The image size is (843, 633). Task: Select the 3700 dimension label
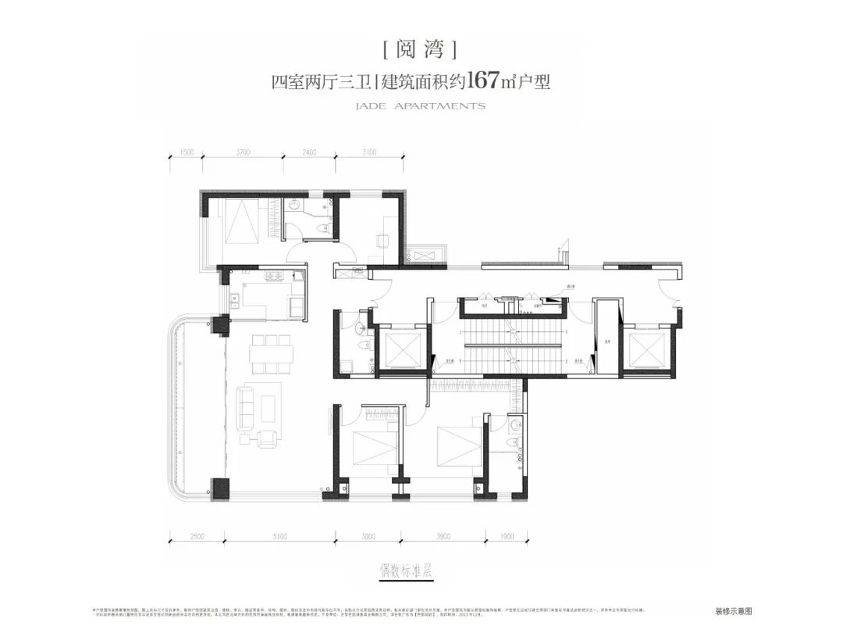(x=241, y=153)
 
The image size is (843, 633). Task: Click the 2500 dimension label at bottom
(x=197, y=537)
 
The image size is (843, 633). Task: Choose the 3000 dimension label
(x=368, y=537)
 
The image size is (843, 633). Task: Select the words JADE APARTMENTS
(x=421, y=105)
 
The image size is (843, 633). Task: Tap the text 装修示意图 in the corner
(x=734, y=612)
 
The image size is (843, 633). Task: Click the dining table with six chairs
(x=270, y=354)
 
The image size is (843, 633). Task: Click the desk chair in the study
(x=382, y=241)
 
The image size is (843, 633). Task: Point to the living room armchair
(x=267, y=439)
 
